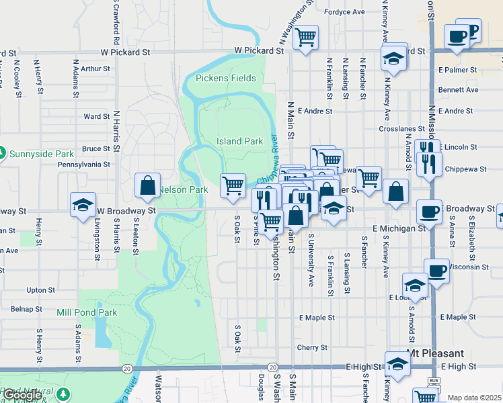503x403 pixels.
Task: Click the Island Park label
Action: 239,142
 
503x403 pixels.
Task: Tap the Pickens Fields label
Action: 226,79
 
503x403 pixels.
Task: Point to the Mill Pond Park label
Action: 87,312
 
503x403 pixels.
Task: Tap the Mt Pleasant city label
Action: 435,353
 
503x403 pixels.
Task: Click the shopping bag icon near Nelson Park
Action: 147,185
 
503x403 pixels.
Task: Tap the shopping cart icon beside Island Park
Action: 233,185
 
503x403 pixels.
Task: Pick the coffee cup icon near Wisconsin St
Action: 436,271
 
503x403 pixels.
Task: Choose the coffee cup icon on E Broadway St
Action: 429,212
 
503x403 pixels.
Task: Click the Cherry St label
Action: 312,348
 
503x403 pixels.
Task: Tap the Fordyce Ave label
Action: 344,12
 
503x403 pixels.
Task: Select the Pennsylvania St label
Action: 84,164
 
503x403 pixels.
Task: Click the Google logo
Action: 22,395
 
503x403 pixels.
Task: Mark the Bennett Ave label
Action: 458,89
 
